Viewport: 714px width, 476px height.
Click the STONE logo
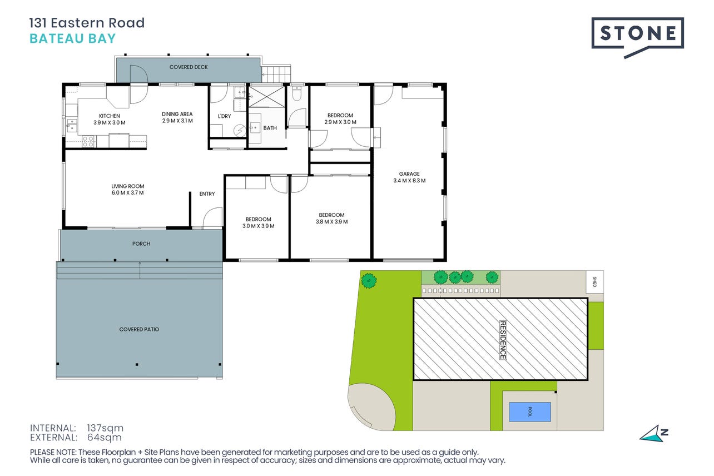[637, 38]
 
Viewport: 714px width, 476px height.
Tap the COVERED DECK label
[189, 67]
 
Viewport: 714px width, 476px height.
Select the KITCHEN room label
[110, 116]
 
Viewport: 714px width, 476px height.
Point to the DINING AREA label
[177, 114]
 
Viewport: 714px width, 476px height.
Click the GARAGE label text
[409, 173]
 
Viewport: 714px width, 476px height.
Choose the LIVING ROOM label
[127, 186]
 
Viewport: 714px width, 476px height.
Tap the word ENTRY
[207, 194]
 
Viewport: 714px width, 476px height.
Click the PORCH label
[141, 244]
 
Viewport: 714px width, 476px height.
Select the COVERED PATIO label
[139, 329]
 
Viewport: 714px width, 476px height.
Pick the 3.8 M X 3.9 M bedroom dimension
[331, 221]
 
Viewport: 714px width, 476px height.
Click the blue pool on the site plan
[530, 411]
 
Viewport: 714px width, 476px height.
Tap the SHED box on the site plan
[595, 282]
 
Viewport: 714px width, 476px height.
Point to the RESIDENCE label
[503, 340]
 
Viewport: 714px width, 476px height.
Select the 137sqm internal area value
[105, 428]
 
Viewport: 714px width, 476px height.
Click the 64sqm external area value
[105, 438]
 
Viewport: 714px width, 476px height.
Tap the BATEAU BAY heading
[72, 38]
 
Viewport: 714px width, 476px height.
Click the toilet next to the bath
[297, 93]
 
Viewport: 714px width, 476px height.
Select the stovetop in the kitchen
[88, 142]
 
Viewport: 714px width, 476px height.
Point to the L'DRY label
[224, 116]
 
